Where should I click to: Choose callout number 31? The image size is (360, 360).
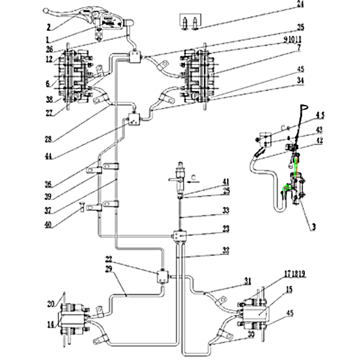pos(247,281)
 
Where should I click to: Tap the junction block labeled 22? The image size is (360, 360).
pos(161,275)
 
